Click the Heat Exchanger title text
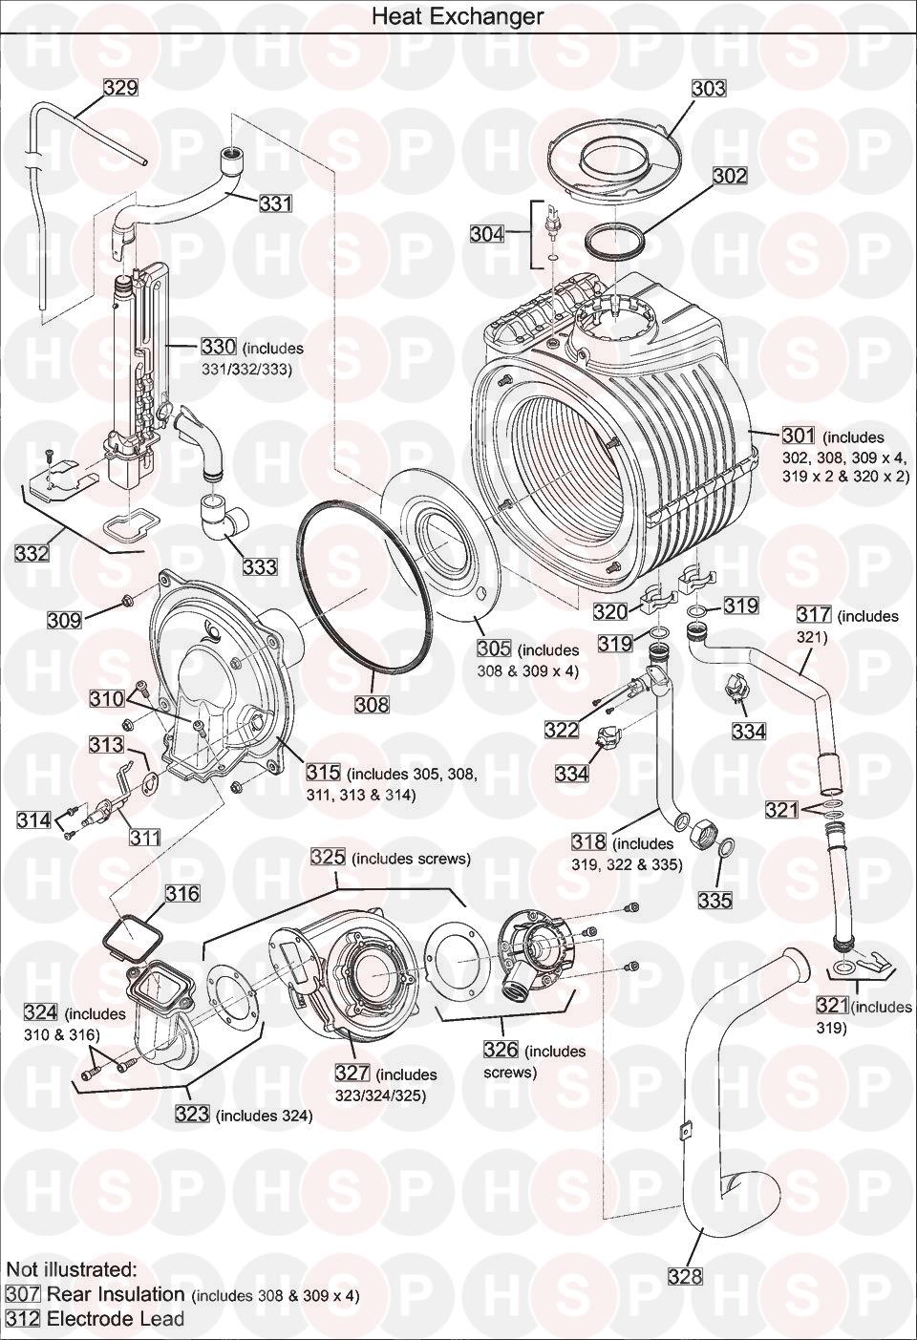(x=458, y=16)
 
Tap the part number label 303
(x=709, y=88)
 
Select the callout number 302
(x=730, y=176)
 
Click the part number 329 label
(x=120, y=88)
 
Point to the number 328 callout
(x=685, y=1276)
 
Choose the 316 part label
(x=182, y=894)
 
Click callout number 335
(x=714, y=900)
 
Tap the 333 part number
(x=259, y=566)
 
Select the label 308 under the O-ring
(x=372, y=705)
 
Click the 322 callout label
(x=562, y=730)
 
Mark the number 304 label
(x=487, y=233)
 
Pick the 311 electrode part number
(x=145, y=838)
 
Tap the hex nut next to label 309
(x=125, y=602)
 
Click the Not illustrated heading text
(x=72, y=1269)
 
